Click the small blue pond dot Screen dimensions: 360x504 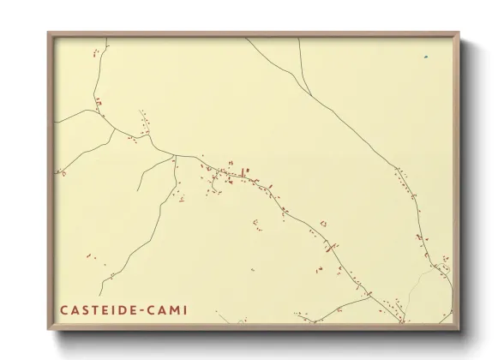[425, 57]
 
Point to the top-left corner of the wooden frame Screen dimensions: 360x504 [48, 33]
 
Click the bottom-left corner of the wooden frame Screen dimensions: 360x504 [48, 329]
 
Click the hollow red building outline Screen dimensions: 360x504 [323, 224]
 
